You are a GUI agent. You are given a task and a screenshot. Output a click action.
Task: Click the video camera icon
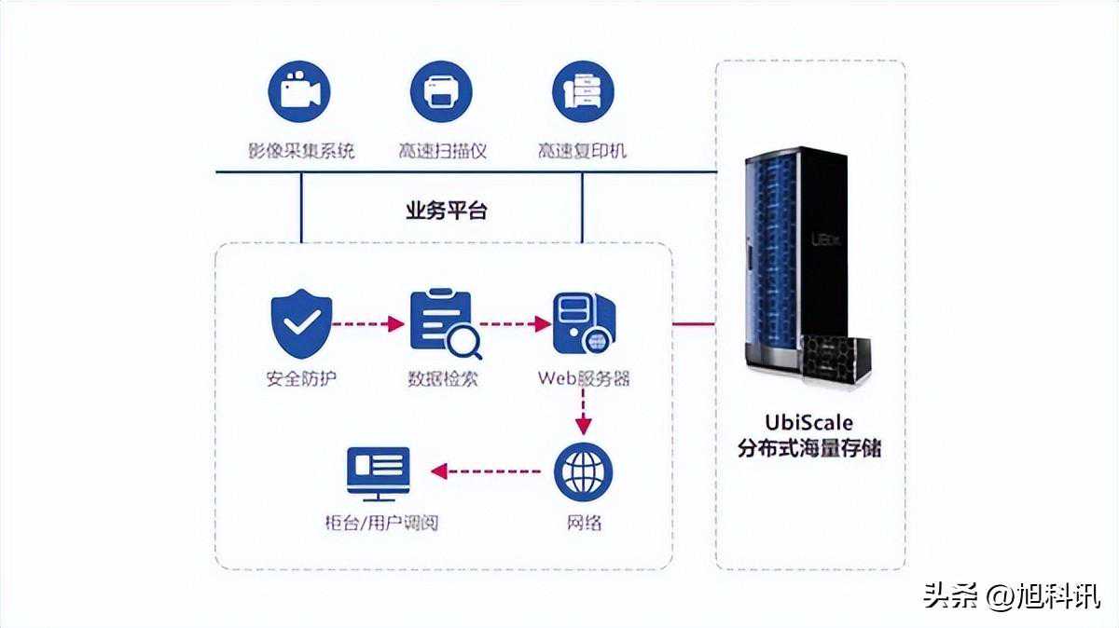click(300, 91)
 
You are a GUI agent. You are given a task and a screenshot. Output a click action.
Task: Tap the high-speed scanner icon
click(441, 91)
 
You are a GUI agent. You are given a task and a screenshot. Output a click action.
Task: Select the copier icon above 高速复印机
click(583, 91)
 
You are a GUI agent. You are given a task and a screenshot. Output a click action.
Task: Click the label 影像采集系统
click(300, 149)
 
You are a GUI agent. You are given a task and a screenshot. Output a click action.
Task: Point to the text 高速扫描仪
click(442, 149)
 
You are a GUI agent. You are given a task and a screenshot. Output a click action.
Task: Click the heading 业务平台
click(446, 211)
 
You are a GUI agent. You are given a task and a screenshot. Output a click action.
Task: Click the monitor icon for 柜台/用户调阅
click(378, 470)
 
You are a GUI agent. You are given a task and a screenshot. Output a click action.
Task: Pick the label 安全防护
click(301, 379)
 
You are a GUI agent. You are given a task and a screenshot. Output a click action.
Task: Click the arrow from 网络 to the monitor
click(486, 471)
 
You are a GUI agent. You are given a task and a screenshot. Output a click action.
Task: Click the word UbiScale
click(808, 422)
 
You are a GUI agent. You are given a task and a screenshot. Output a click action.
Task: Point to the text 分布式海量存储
click(808, 448)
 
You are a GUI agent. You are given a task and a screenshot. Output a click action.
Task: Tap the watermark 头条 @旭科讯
click(1011, 595)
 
